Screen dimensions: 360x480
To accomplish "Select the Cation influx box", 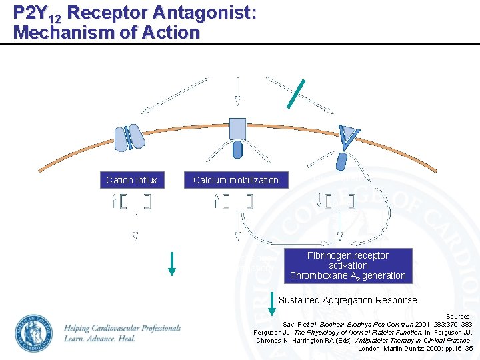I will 131,180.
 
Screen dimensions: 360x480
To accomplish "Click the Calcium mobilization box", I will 235,180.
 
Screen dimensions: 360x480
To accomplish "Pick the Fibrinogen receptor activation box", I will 347,265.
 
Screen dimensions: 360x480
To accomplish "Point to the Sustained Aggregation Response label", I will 347,300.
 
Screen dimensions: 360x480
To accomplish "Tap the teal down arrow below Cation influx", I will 171,261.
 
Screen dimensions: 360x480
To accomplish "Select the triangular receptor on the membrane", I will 348,136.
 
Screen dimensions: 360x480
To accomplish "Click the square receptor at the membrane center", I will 237,128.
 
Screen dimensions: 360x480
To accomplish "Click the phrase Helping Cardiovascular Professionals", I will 122,328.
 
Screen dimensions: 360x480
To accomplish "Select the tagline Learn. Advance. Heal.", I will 100,339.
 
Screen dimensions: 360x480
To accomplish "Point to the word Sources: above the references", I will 458,316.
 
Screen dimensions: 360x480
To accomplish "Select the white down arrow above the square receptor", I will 237,91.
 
